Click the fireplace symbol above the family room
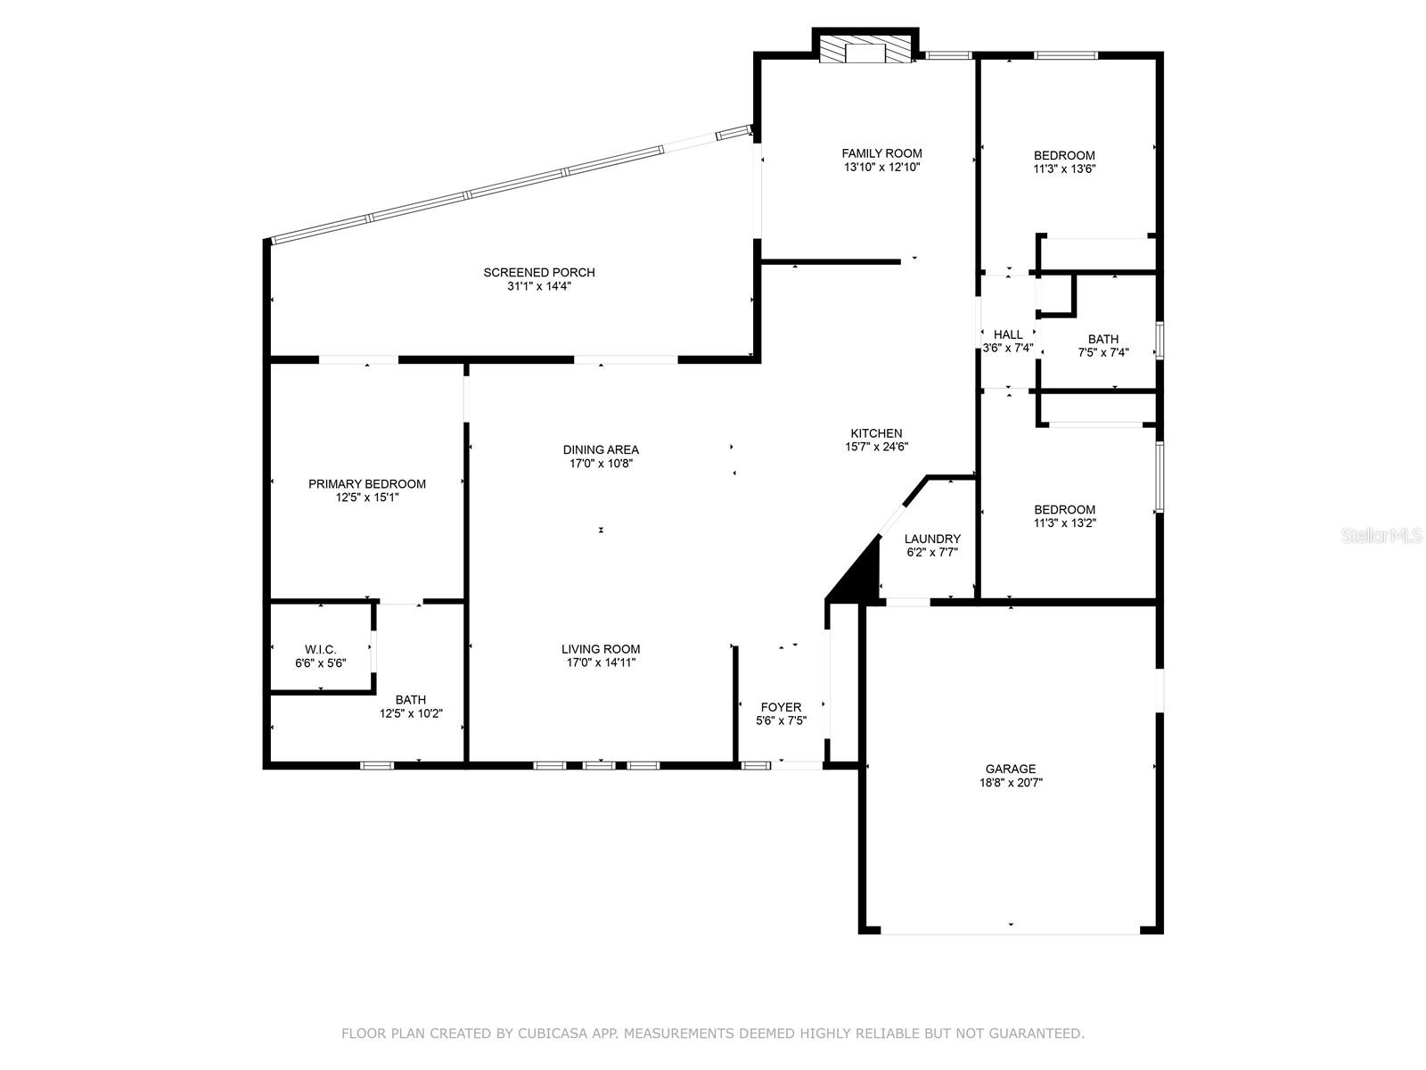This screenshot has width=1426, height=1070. [x=865, y=51]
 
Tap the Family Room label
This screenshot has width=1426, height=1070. [x=881, y=153]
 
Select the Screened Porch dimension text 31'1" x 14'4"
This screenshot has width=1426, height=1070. [x=538, y=286]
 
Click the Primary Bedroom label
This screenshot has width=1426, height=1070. [x=367, y=484]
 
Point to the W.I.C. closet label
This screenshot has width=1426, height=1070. [x=320, y=650]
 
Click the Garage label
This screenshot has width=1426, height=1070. [x=1010, y=769]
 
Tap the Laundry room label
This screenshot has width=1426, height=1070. [x=932, y=539]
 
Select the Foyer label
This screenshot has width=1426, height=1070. [x=780, y=707]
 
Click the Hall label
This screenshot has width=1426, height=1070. [x=1007, y=334]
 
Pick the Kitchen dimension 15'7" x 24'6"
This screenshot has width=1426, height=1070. [x=876, y=448]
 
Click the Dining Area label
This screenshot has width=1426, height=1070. [x=601, y=449]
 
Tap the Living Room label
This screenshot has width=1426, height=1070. [x=601, y=649]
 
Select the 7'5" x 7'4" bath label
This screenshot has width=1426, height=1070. [x=1102, y=352]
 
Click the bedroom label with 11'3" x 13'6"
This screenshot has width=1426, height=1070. [x=1064, y=155]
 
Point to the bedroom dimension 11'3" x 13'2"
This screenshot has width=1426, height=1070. [x=1064, y=523]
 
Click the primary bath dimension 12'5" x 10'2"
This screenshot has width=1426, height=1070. [x=411, y=713]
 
